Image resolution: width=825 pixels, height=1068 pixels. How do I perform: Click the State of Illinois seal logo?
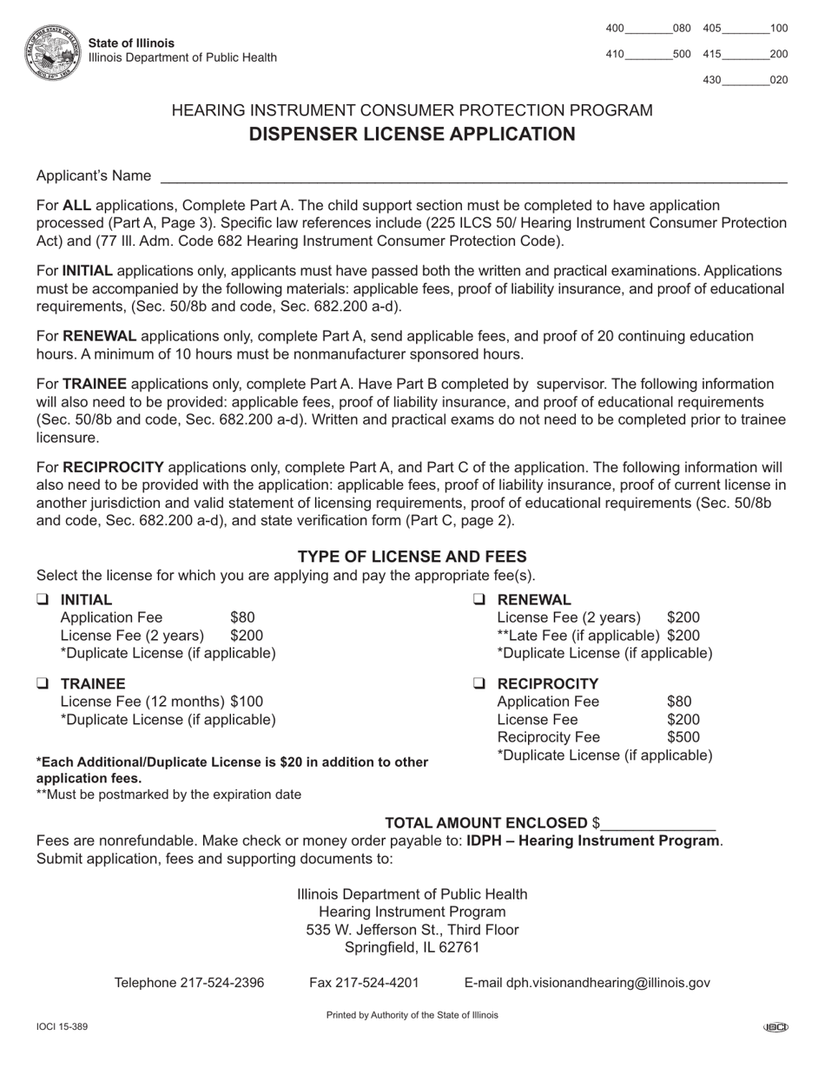54,51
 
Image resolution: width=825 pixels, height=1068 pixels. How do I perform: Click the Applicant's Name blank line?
473,177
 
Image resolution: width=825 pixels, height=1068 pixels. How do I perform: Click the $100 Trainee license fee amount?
247,701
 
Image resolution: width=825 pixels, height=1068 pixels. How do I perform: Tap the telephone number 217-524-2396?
222,983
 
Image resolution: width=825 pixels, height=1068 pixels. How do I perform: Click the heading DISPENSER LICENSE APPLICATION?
412,134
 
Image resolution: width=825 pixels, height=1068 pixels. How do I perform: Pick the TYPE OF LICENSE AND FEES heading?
412,557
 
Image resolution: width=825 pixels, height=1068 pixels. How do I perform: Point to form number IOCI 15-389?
62,1027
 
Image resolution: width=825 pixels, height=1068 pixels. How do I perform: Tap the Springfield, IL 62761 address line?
412,947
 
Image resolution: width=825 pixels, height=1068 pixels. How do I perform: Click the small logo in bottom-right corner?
775,1028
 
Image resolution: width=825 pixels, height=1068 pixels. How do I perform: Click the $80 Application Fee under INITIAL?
242,617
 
